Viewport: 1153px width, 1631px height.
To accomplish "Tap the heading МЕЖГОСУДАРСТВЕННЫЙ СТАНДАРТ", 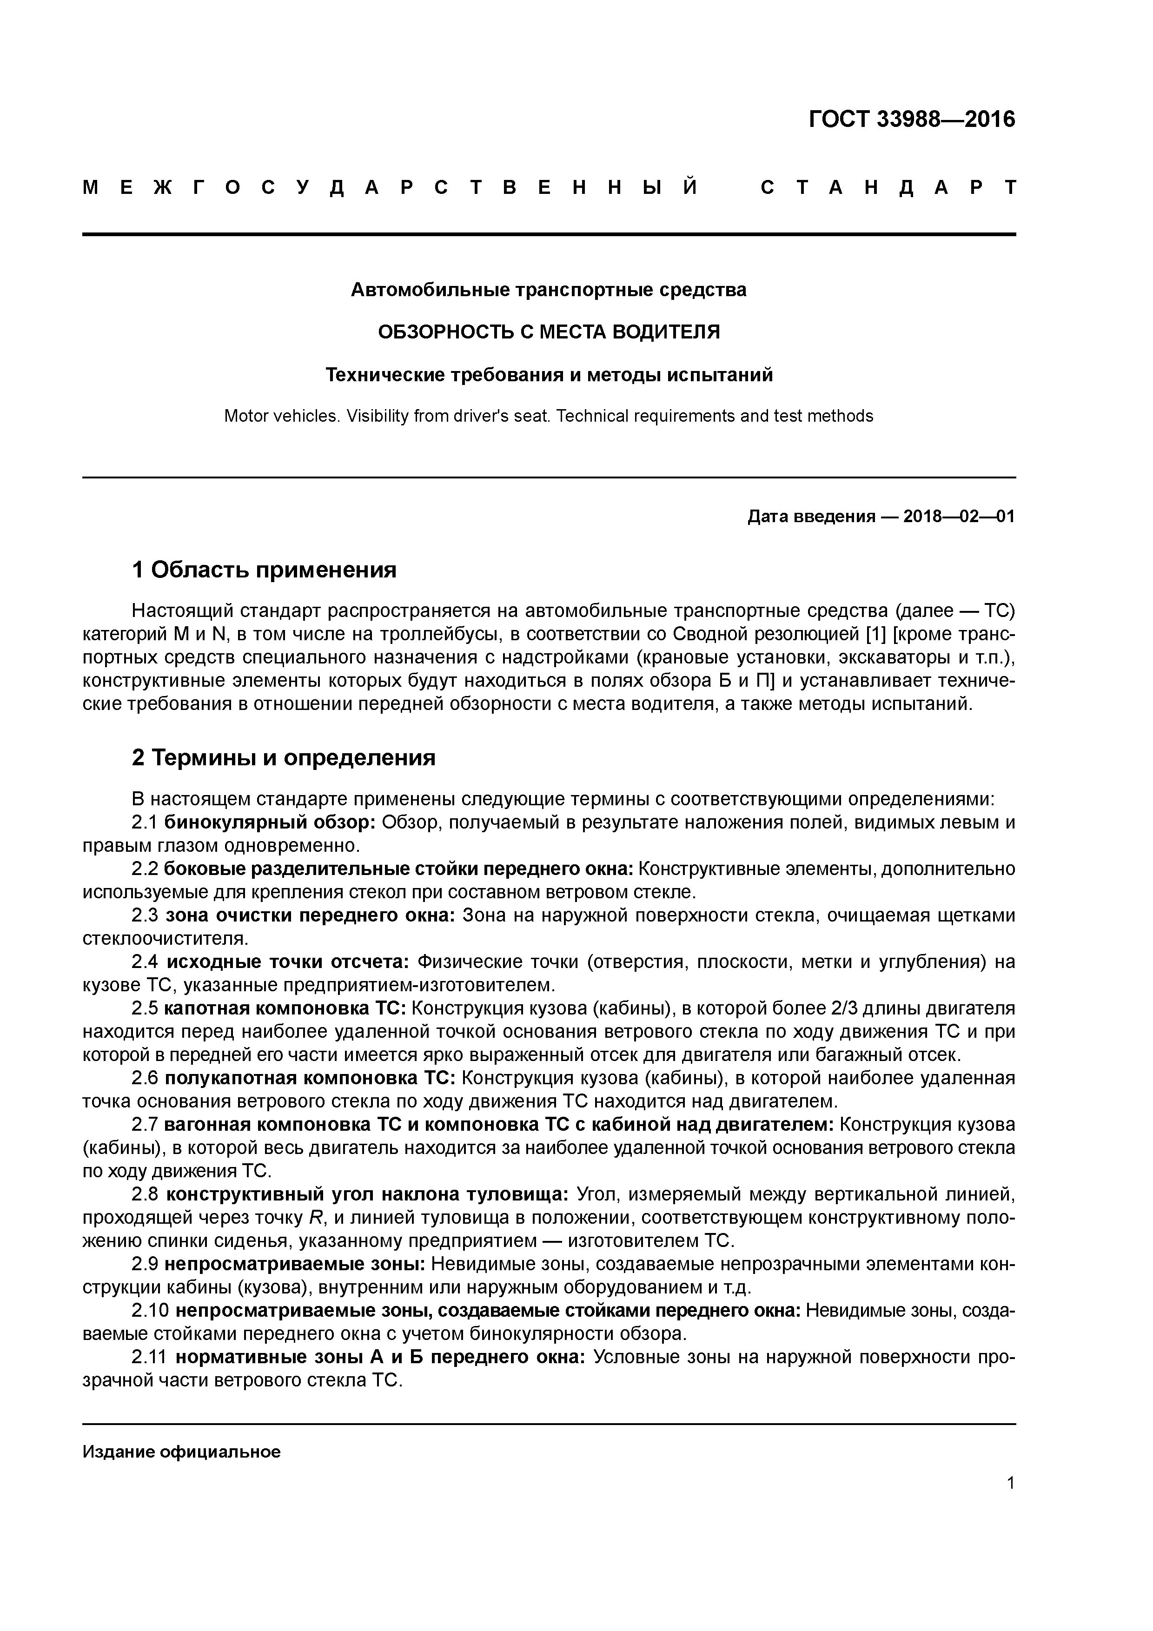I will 549,188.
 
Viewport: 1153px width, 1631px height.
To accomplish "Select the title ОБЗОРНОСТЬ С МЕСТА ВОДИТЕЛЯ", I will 549,332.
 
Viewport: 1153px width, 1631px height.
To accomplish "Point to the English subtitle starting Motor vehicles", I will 549,416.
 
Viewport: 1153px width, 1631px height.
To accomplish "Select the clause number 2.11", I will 149,1358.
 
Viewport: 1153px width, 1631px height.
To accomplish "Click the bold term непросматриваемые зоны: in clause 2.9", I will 295,1265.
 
